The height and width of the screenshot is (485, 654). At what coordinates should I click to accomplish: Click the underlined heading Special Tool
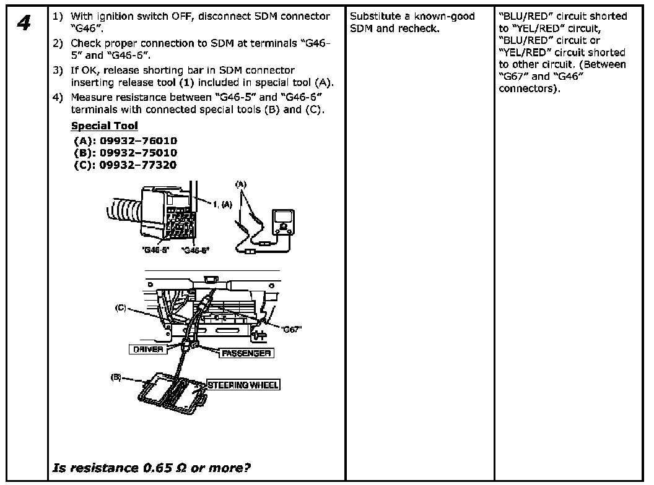105,126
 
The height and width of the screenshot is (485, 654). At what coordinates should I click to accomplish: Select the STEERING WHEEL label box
242,385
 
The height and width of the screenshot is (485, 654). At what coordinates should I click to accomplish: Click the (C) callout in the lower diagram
121,307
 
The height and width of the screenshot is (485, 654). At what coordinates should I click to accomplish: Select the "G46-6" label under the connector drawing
196,250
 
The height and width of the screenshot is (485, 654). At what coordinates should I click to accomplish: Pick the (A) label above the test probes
241,184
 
